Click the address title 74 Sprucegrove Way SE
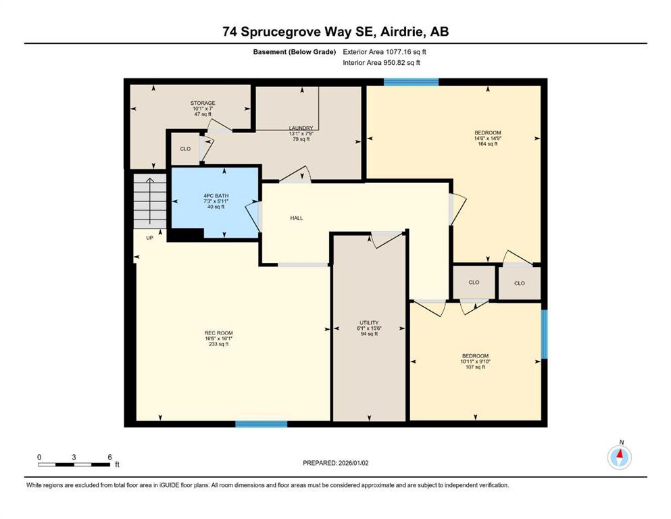coord(335,31)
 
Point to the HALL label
coord(297,218)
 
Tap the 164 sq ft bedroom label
coord(488,138)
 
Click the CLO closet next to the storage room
coord(184,149)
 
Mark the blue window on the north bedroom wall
coord(411,82)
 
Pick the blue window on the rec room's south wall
coord(261,424)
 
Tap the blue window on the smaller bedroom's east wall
coord(544,334)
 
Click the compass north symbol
coord(619,457)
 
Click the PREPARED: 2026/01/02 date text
coord(335,463)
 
